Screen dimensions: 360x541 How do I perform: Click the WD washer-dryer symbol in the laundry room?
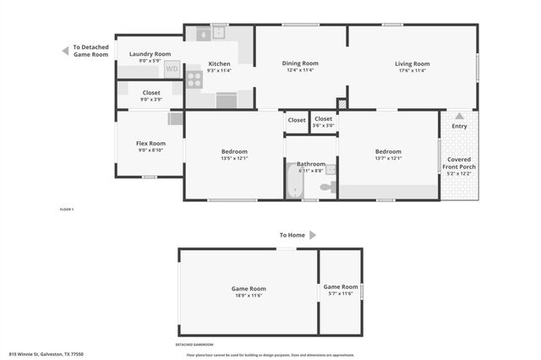click(172, 69)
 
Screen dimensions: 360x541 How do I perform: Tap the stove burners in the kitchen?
click(194, 79)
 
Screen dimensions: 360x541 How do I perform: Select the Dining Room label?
click(300, 63)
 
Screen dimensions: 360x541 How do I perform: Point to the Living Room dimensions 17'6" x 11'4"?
click(413, 71)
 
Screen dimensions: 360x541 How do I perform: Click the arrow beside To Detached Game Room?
click(65, 51)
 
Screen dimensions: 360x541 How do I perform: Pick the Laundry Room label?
click(150, 54)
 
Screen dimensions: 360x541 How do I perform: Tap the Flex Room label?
click(150, 144)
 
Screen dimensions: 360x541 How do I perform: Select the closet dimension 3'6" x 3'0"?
click(324, 126)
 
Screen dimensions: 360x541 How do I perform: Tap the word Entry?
click(459, 127)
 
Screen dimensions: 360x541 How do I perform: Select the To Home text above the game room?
click(292, 235)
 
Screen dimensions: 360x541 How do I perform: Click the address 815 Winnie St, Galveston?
click(46, 354)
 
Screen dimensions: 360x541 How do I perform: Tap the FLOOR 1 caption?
click(67, 209)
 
